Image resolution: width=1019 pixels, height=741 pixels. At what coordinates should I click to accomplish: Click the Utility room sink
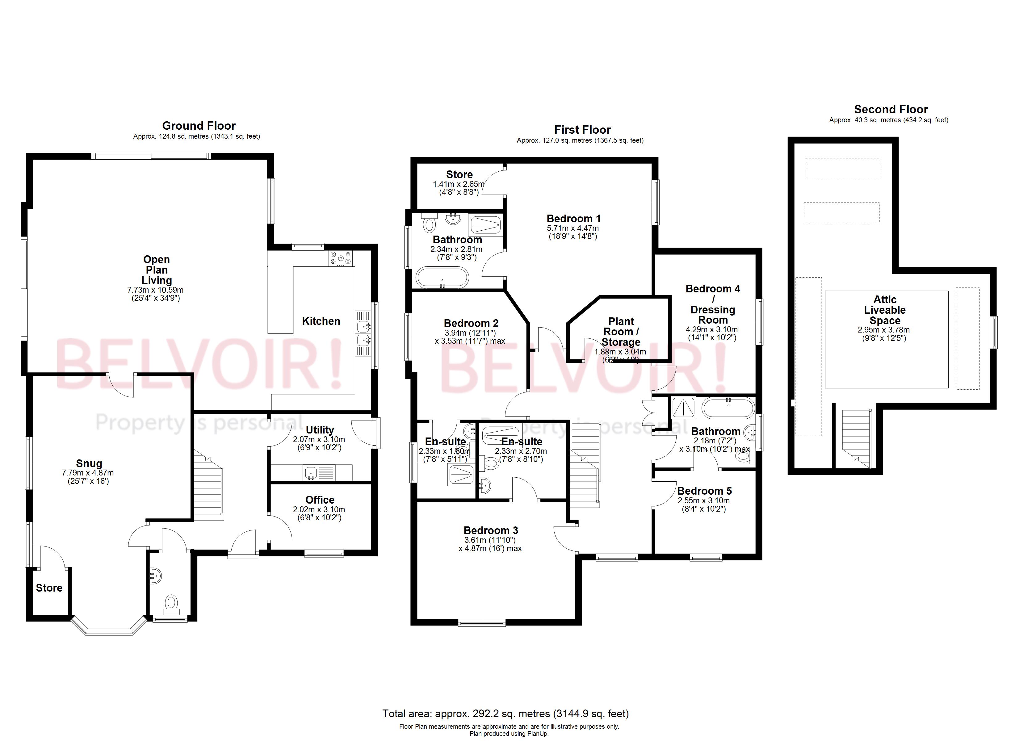pos(311,473)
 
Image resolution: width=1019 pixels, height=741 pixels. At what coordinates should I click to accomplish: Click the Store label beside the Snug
pos(49,588)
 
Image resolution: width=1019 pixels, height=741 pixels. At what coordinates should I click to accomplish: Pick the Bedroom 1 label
pos(573,219)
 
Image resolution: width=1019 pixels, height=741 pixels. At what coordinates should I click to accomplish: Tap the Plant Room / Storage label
pos(621,332)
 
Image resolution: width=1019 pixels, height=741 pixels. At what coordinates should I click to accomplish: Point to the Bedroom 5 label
pos(704,491)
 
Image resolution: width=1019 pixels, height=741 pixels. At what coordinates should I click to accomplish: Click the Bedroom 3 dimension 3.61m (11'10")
pos(490,540)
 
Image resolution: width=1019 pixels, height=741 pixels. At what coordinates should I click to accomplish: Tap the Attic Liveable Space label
pos(885,310)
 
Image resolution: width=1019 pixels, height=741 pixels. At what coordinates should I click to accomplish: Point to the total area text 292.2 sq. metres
pos(505,714)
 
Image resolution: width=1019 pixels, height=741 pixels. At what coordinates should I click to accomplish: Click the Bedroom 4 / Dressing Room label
pos(713,304)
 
